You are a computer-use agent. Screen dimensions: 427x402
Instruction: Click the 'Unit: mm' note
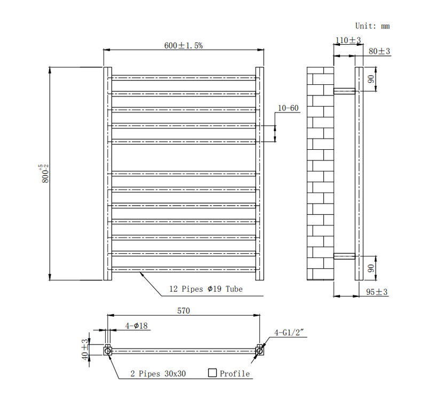[x=372, y=26]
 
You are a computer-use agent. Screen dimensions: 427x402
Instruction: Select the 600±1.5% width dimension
[x=183, y=45]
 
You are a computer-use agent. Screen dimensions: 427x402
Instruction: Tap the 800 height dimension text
[x=44, y=173]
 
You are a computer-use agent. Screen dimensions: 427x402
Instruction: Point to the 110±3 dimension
[x=348, y=41]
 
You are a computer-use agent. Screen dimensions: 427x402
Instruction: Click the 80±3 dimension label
[x=379, y=51]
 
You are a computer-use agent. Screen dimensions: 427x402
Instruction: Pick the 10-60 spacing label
[x=288, y=108]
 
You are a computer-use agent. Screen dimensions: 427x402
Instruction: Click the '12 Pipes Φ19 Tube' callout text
[x=206, y=289]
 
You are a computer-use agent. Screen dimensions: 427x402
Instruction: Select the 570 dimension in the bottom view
[x=184, y=311]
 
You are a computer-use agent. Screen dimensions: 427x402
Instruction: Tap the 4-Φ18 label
[x=136, y=326]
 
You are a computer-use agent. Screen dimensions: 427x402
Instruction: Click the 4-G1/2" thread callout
[x=289, y=332]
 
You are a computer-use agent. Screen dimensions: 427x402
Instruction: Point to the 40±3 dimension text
[x=85, y=350]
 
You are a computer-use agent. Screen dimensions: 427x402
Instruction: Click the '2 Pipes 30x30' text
[x=158, y=373]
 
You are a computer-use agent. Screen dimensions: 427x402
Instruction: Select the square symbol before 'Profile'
[x=212, y=373]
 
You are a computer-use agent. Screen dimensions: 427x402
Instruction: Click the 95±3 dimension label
[x=377, y=292]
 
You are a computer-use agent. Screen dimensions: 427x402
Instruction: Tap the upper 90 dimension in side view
[x=371, y=79]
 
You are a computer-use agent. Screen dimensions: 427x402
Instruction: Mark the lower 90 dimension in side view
[x=371, y=268]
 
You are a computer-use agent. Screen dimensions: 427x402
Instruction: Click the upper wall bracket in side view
[x=344, y=91]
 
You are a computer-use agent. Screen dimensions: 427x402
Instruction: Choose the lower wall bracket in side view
[x=344, y=256]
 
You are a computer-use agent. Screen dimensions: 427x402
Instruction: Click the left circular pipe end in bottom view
[x=108, y=351]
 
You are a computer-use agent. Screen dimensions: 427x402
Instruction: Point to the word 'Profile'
[x=235, y=373]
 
